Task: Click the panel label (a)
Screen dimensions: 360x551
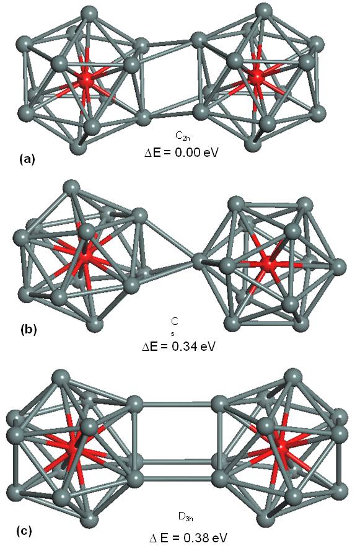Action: [x=27, y=159]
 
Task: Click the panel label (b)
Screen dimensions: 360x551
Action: [x=29, y=330]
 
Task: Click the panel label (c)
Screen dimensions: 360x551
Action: [x=24, y=531]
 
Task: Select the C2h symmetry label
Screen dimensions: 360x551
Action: [x=183, y=136]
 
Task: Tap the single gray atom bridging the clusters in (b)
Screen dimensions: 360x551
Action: [x=200, y=261]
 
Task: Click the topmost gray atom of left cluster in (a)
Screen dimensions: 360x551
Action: [x=88, y=15]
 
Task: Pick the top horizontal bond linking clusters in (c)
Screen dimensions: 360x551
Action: [x=177, y=404]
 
